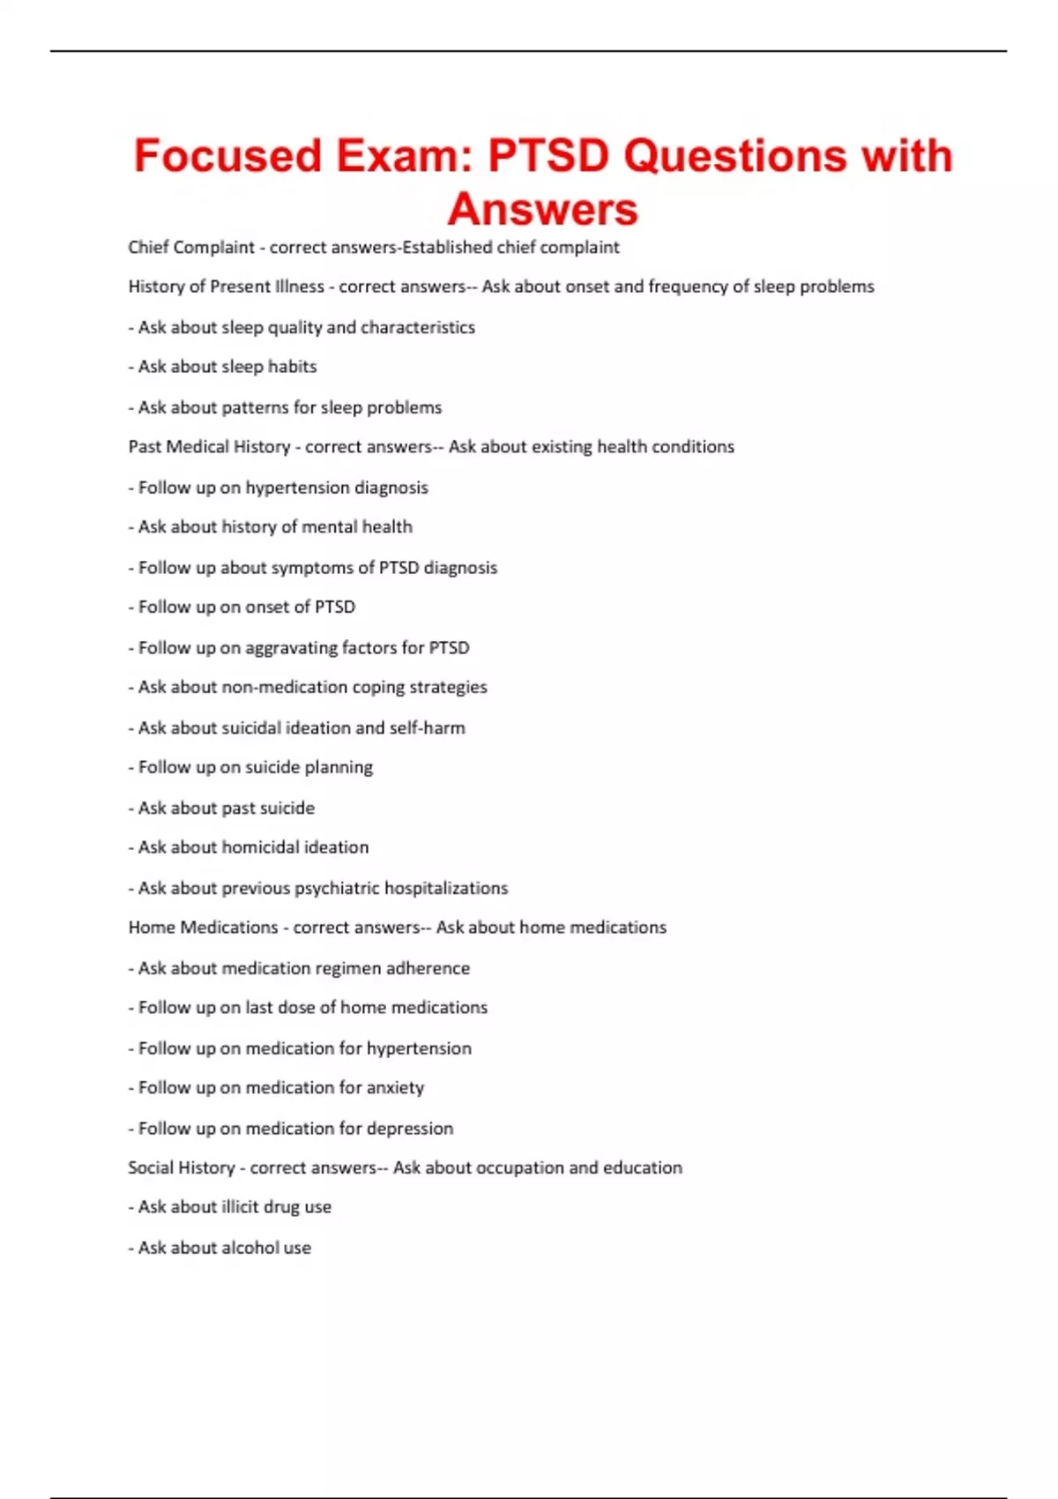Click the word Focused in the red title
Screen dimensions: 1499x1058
tap(227, 156)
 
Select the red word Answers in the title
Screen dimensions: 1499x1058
tap(542, 210)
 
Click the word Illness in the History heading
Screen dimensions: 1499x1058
tap(300, 287)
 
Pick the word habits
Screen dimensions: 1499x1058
tap(292, 367)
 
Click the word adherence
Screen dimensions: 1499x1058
tap(428, 968)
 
